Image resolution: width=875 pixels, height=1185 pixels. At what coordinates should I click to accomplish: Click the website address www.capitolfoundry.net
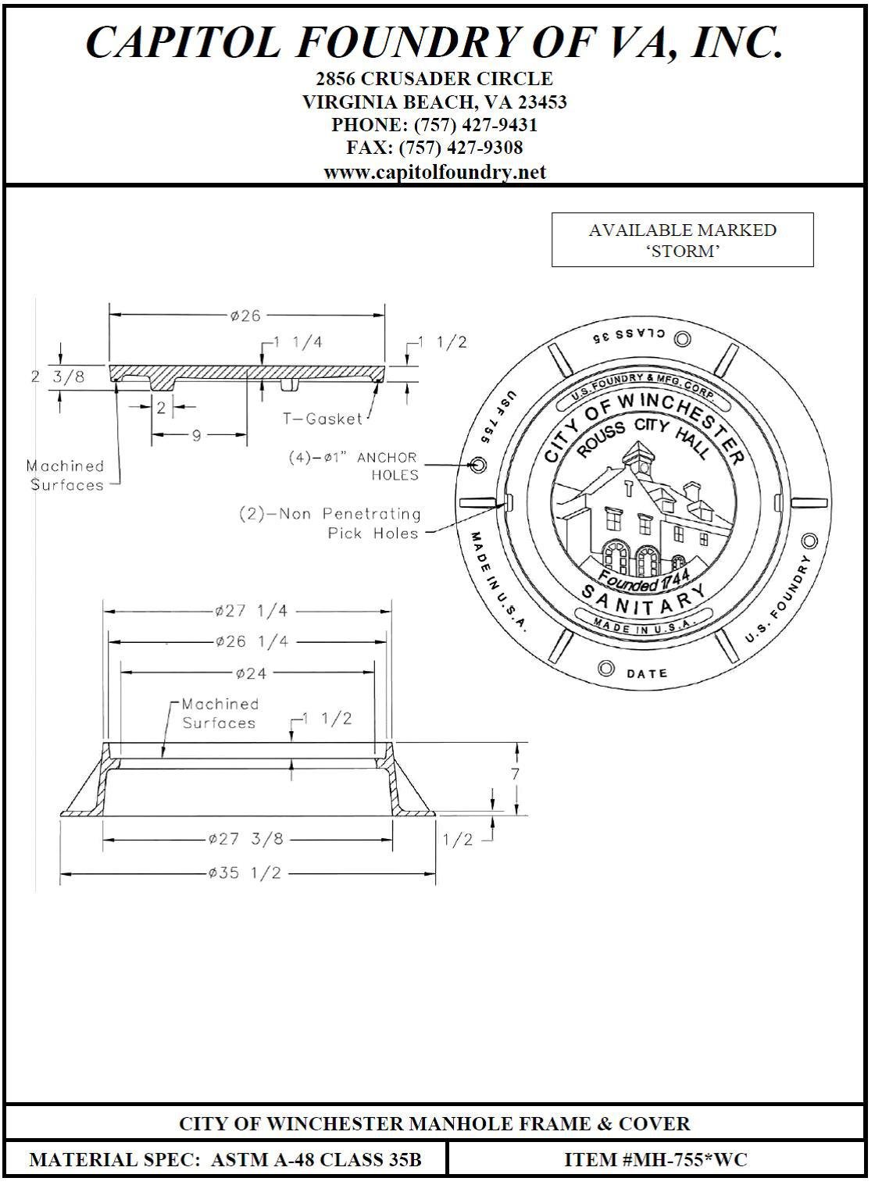[x=434, y=172]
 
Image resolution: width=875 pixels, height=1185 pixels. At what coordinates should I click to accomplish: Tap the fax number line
[x=434, y=147]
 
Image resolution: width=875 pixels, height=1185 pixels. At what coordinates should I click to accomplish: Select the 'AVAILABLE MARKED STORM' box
[x=682, y=240]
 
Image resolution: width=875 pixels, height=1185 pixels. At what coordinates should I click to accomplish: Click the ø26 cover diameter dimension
[x=245, y=316]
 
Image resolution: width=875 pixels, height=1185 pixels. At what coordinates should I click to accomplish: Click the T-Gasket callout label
[x=323, y=419]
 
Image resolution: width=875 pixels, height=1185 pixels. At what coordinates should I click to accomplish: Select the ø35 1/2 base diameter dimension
[x=245, y=873]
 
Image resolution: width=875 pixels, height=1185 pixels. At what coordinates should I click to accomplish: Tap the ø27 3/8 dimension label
[x=245, y=839]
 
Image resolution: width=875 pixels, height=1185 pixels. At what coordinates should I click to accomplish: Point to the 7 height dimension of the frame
[x=515, y=774]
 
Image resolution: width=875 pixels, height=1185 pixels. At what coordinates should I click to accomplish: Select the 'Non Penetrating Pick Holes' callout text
[x=330, y=523]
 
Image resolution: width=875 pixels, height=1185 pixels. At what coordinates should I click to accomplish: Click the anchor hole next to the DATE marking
[x=605, y=669]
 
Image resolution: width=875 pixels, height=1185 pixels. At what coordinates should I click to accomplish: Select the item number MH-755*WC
[x=655, y=1159]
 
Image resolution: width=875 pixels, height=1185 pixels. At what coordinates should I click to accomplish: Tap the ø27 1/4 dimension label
[x=245, y=611]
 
